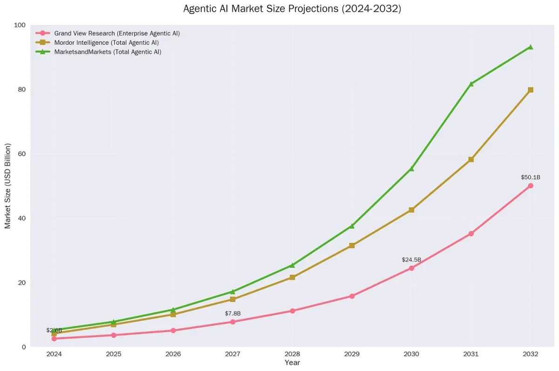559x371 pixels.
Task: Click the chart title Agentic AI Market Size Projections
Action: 292,9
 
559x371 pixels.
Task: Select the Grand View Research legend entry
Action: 116,33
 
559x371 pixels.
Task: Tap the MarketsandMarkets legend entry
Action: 108,52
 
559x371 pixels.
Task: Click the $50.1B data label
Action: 530,178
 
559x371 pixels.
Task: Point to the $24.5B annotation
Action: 411,260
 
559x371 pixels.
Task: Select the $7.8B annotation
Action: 232,314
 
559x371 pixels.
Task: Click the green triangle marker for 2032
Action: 530,47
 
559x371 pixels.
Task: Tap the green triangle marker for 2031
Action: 471,84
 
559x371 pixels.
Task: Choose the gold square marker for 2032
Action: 530,90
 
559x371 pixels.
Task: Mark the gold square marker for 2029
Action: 352,245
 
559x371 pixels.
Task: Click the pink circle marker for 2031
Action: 471,234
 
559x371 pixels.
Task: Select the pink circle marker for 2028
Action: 292,311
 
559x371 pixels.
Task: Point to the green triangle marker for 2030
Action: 411,169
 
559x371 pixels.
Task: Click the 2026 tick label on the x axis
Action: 173,354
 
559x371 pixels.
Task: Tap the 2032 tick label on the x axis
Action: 530,354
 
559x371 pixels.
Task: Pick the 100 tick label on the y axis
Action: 20,25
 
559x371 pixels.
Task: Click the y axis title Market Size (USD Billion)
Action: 7,186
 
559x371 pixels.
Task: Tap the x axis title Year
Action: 292,363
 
